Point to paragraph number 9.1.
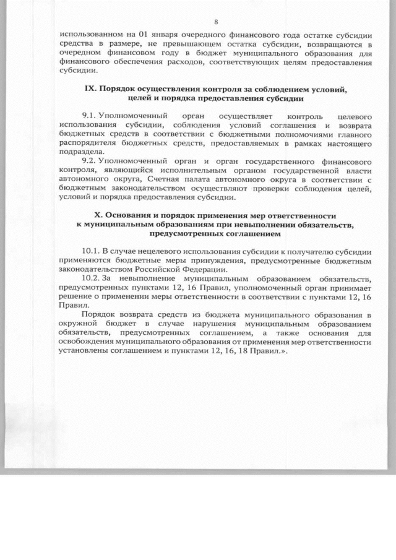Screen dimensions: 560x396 click(90, 116)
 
